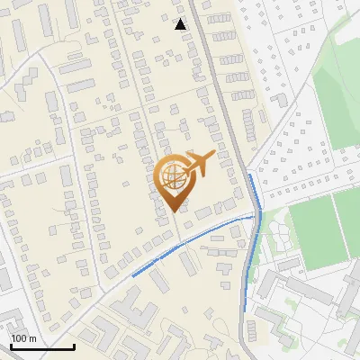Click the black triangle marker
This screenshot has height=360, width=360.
(181, 24)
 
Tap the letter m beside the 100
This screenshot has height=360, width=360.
(32, 338)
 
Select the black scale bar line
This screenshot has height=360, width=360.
(41, 346)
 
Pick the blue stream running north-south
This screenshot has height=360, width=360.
(253, 243)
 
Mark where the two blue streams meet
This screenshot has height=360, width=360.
(256, 215)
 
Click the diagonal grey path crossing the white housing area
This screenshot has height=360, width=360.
(288, 117)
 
